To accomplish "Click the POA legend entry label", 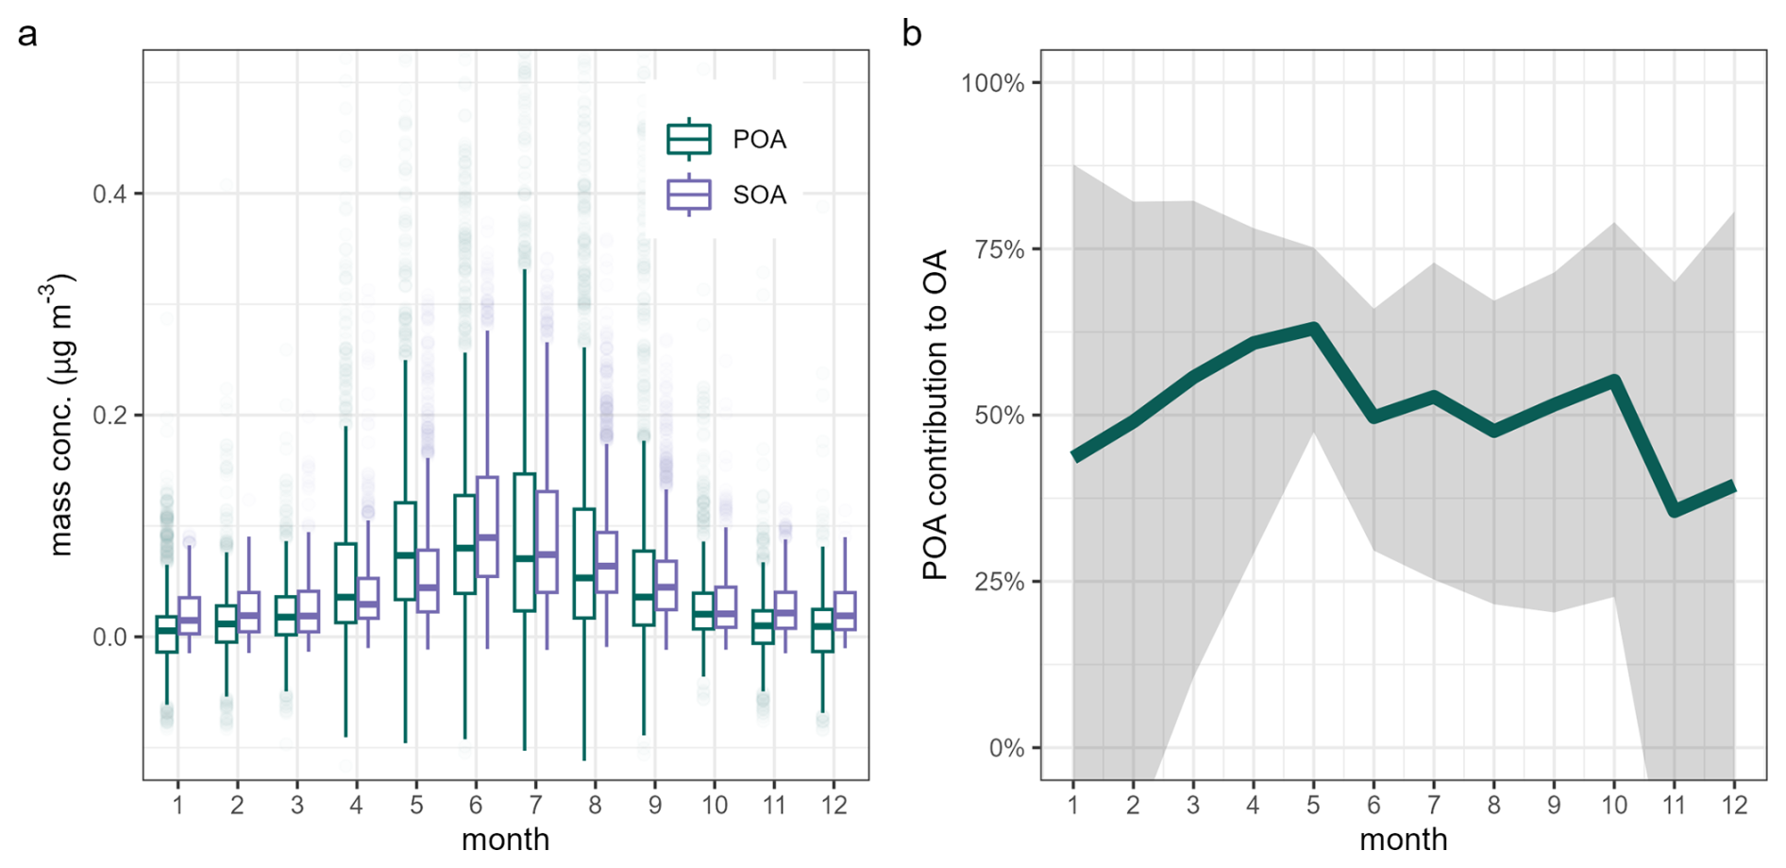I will tap(759, 140).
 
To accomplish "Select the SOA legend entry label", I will tap(759, 196).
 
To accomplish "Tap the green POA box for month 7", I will tap(525, 542).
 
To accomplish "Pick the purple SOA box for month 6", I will tap(487, 526).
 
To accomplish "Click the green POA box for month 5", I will tap(405, 551).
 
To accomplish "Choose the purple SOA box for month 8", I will tap(606, 562).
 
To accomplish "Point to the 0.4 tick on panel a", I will tap(110, 195).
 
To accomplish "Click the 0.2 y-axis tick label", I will tap(110, 416).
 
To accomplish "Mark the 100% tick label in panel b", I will tap(992, 83).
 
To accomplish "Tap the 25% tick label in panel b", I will tap(999, 582).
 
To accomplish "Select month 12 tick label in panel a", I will tap(834, 805).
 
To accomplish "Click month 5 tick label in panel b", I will tap(1313, 805).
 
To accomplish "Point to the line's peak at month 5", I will tap(1313, 328).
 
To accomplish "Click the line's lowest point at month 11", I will tap(1674, 512).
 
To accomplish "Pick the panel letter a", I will tap(27, 34).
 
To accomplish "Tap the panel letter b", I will tap(912, 34).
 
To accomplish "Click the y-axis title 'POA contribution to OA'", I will tap(935, 415).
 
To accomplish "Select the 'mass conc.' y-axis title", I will tap(60, 415).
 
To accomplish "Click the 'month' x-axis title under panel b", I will tap(1403, 840).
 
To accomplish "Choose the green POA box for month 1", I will tap(167, 634).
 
